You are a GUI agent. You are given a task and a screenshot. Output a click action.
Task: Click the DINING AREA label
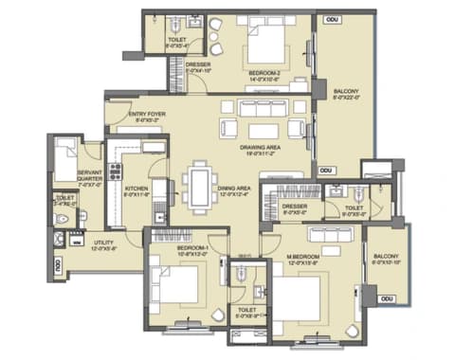[x=234, y=189]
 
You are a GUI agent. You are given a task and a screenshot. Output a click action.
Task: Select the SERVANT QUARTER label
[x=90, y=175]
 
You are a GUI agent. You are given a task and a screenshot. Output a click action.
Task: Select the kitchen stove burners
[x=115, y=171]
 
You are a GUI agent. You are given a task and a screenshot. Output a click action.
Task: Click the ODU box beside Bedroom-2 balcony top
[x=332, y=18]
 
